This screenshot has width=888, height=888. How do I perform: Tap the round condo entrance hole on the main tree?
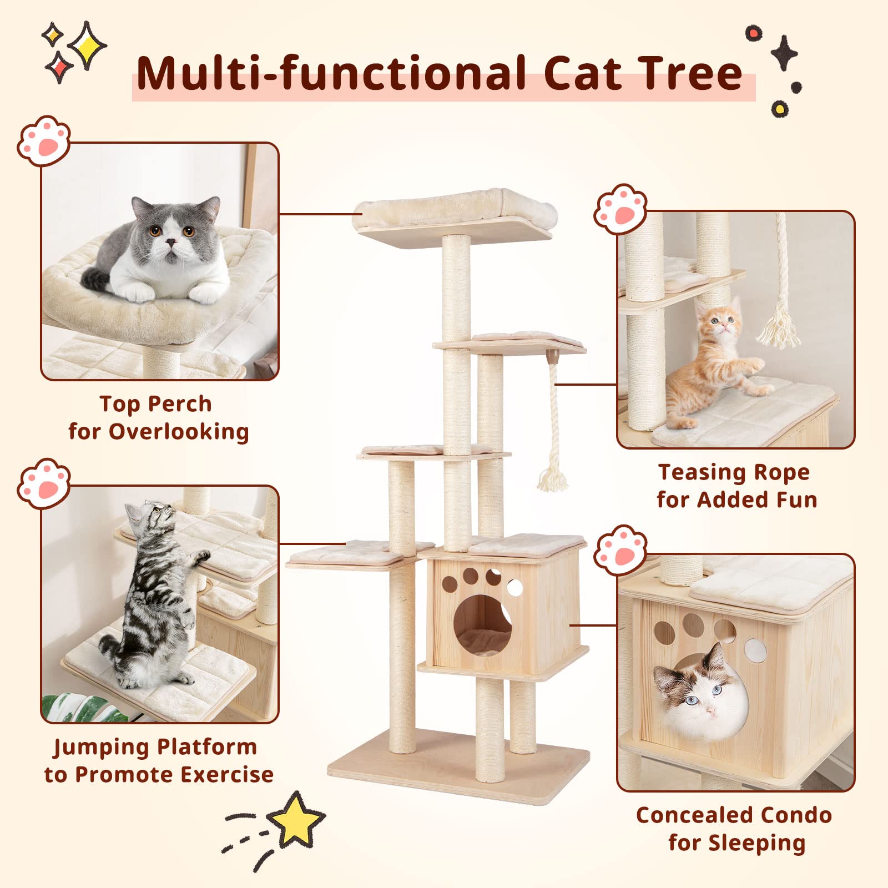pos(482,625)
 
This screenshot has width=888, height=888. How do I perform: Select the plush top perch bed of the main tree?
pos(455,208)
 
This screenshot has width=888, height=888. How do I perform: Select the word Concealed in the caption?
pos(698,815)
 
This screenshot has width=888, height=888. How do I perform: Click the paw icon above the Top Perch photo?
pos(44,140)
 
